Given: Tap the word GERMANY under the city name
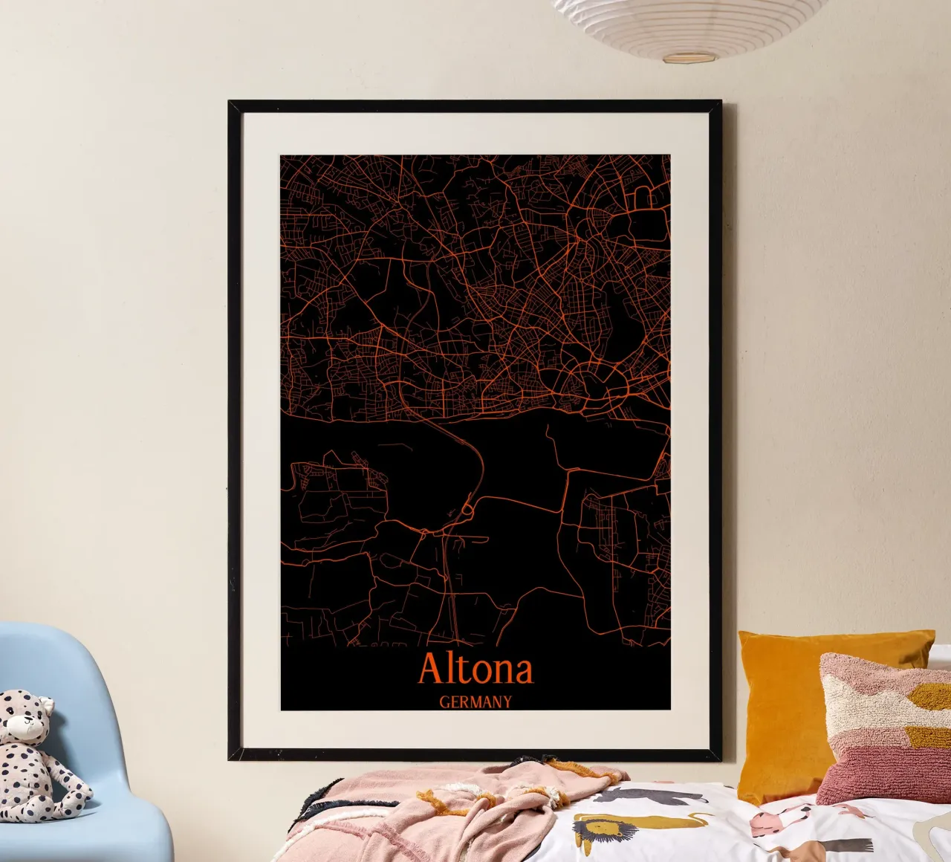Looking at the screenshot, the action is [x=475, y=701].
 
